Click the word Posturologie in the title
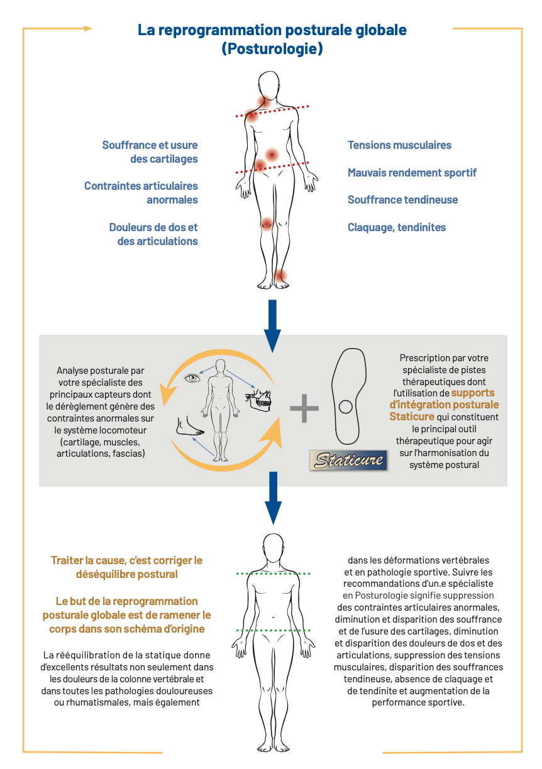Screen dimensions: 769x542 pos(272,48)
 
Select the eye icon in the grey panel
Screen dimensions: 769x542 pos(192,378)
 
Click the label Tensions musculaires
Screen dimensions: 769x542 pos(399,145)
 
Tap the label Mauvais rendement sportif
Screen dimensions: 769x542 pos(412,173)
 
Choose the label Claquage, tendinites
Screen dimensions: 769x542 pos(397,227)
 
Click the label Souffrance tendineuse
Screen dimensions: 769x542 pos(402,200)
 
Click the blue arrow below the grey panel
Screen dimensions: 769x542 pos(272,496)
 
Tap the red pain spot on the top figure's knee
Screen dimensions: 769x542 pos(267,222)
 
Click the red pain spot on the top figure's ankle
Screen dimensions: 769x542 pos(280,275)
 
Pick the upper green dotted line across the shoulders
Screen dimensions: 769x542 pos(274,574)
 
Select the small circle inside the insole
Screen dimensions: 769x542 pos(345,407)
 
